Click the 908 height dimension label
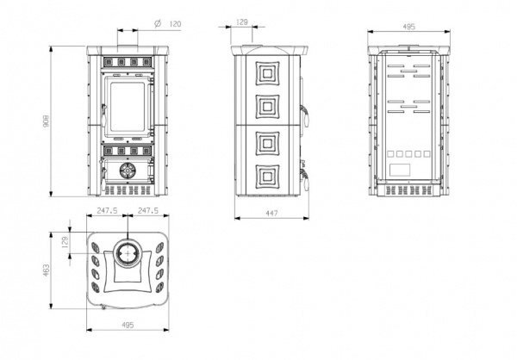[47, 121]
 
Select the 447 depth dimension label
[271, 214]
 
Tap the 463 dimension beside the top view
[47, 270]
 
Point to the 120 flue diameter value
[175, 24]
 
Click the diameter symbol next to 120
[158, 23]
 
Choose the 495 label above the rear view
[408, 27]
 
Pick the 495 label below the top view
[128, 325]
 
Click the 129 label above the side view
[242, 22]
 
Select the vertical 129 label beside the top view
[65, 242]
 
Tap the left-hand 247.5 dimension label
[107, 210]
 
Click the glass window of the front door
[128, 107]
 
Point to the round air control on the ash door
[128, 171]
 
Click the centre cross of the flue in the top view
[128, 253]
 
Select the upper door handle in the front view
[103, 115]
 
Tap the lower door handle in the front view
[103, 178]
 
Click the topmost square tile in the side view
[267, 73]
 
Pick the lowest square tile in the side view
[267, 177]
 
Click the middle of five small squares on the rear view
[408, 154]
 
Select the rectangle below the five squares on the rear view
[400, 170]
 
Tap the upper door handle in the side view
[305, 115]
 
